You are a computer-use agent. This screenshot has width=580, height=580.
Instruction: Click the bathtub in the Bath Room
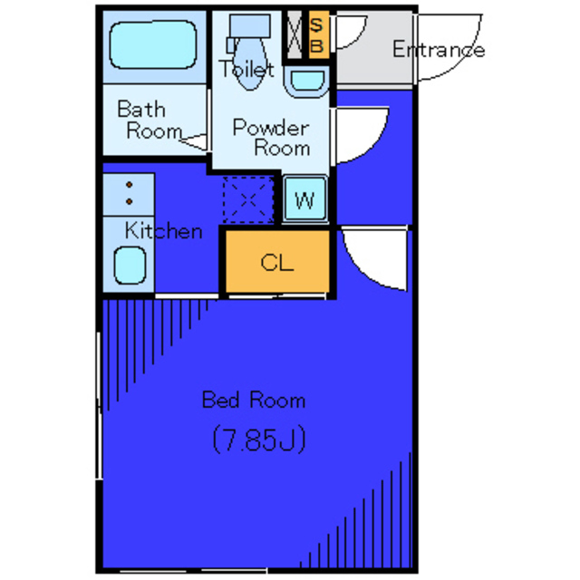[153, 44]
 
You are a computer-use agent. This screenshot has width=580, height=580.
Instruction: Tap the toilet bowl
[250, 63]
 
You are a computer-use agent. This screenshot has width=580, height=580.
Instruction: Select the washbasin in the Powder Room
[306, 82]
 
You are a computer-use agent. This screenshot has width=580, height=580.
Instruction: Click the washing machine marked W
[305, 199]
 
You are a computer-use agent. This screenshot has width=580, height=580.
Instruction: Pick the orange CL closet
[277, 262]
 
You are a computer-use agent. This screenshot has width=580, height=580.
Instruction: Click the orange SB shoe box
[318, 34]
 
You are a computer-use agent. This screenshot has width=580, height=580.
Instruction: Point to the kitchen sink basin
[130, 266]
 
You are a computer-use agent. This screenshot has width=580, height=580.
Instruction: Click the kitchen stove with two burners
[129, 194]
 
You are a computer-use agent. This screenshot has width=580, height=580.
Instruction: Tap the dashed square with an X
[248, 200]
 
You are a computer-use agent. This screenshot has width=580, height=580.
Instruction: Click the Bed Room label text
[254, 400]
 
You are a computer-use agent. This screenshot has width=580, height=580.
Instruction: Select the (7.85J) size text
[259, 439]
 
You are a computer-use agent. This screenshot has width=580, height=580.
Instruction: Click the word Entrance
[439, 49]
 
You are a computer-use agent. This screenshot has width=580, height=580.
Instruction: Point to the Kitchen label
[163, 231]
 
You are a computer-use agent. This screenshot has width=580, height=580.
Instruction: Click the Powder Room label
[271, 137]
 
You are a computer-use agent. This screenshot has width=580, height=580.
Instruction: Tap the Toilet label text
[246, 69]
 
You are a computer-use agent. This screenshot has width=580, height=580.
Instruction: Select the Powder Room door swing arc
[373, 145]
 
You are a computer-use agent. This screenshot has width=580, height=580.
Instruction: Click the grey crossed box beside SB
[295, 34]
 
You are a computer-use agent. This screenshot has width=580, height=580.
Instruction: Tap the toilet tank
[250, 26]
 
